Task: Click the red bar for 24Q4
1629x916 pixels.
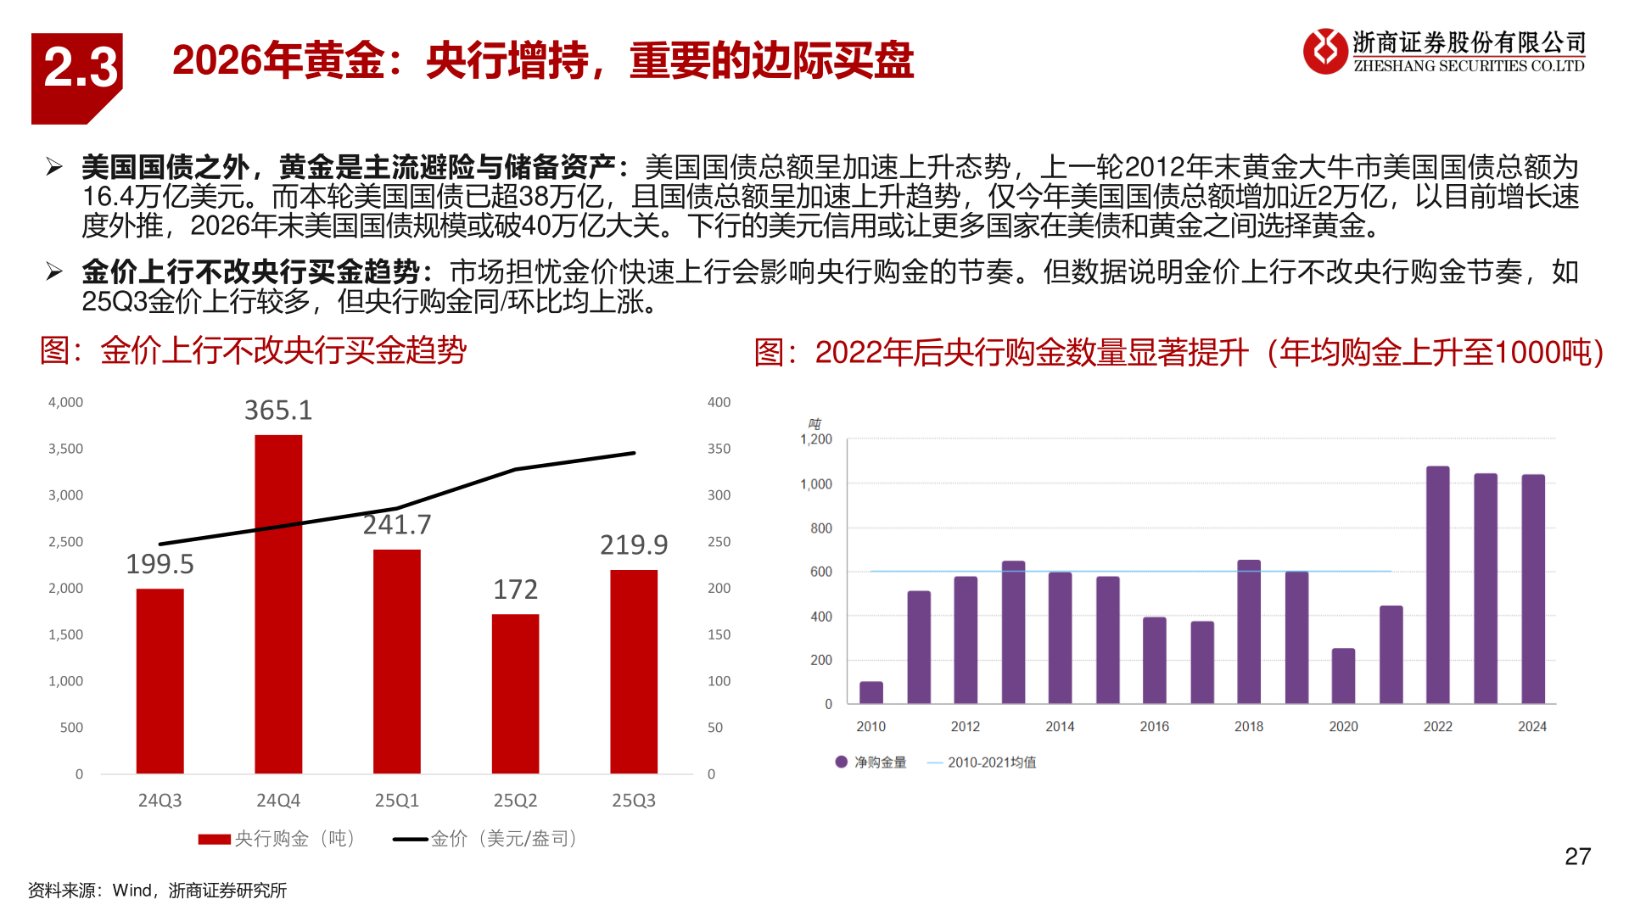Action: pos(278,604)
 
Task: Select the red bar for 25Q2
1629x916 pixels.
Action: pos(515,694)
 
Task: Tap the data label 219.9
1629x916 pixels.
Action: pos(634,545)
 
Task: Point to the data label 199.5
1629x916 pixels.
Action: pos(160,564)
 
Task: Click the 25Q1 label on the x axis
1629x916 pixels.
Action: pos(396,801)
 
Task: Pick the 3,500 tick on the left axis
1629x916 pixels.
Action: pos(65,449)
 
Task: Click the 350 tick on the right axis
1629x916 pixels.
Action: pos(719,449)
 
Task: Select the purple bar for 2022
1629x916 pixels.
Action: pos(1437,585)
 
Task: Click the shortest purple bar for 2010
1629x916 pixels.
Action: pos(870,692)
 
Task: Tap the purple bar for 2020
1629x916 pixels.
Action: pos(1343,676)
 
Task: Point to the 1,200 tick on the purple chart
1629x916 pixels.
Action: pos(816,439)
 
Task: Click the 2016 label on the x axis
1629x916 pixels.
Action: pos(1154,727)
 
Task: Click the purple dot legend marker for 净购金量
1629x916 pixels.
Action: pos(841,762)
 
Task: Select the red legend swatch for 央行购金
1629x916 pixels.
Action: pos(214,839)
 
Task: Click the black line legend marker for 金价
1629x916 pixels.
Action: pos(411,839)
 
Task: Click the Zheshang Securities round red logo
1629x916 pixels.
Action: pos(1325,51)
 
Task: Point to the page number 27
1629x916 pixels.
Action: pos(1577,857)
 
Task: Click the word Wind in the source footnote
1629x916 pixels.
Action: pos(132,891)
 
